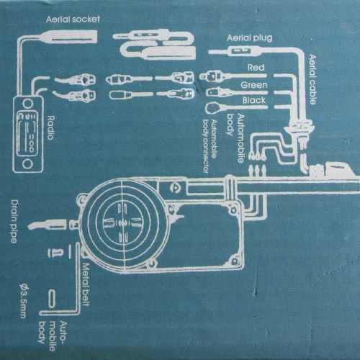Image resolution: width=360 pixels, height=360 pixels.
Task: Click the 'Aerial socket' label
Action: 73,19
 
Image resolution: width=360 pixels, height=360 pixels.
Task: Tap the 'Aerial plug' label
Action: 250,38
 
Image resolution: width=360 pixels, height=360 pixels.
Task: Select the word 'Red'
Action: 256,68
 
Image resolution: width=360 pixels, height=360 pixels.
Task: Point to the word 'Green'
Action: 254,85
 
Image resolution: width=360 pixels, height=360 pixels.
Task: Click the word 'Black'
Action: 254,100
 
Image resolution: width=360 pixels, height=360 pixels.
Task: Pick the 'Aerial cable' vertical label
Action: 312,79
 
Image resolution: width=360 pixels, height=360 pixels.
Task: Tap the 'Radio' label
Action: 50,127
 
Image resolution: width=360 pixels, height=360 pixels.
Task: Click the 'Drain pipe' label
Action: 14,222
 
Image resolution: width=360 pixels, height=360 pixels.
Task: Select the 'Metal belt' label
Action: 86,284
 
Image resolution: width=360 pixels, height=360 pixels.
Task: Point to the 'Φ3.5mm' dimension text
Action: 23,301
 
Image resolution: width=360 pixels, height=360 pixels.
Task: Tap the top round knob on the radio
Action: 27,104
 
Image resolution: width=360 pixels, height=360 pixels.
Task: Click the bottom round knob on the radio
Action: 27,164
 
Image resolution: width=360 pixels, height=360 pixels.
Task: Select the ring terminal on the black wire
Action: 212,107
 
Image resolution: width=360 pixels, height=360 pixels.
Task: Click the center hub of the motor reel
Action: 122,223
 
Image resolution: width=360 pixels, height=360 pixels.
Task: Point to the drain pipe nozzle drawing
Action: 48,224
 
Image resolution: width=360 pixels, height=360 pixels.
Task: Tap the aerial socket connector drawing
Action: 67,37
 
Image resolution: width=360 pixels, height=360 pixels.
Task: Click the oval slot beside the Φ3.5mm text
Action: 52,299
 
